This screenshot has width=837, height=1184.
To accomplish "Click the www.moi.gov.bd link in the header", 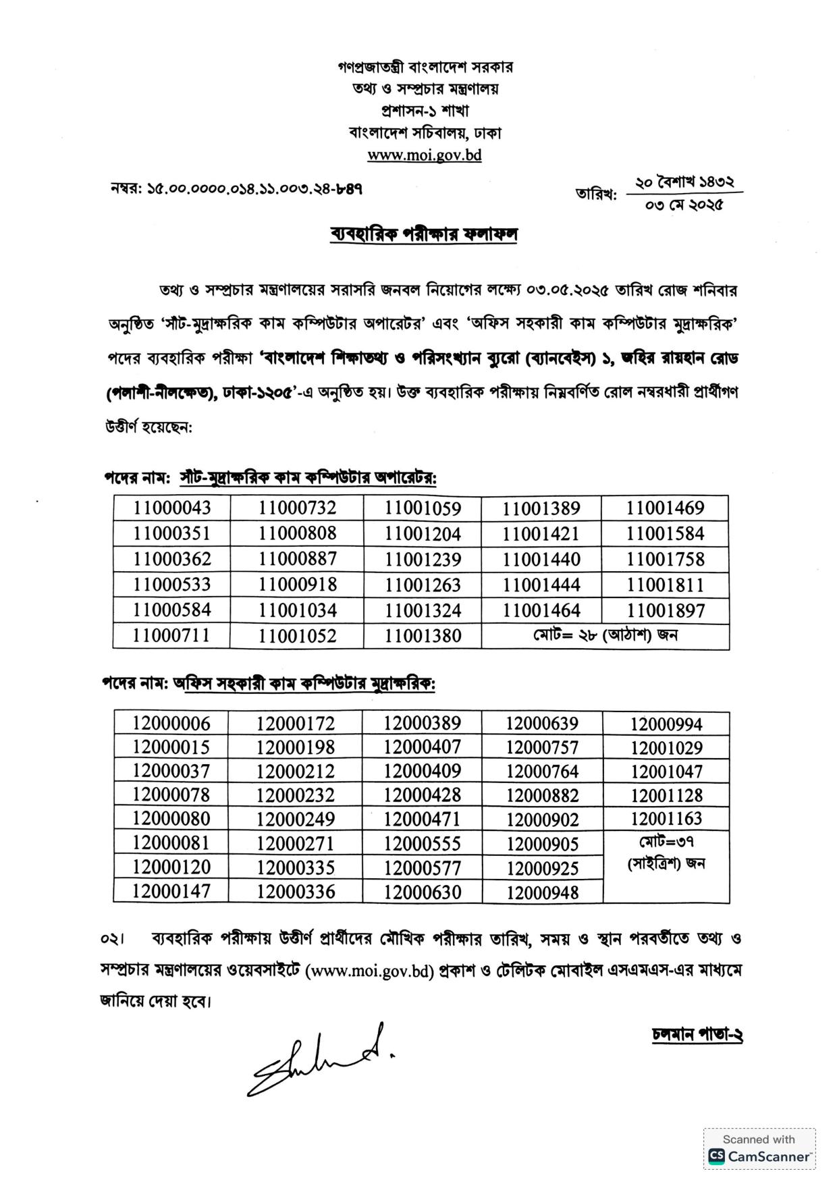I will point(424,155).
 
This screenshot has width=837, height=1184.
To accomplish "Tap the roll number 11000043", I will point(171,508).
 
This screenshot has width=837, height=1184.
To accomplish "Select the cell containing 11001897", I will point(665,611).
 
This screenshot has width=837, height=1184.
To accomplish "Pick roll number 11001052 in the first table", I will point(297,636).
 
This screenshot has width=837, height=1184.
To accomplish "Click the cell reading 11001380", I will point(423,636).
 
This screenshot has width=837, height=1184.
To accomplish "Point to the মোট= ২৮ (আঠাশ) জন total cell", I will point(605,636).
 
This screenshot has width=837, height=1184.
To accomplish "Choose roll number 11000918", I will point(297,585).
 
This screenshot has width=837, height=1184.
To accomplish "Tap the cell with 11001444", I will point(541,585).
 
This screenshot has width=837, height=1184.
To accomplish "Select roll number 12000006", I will point(171,723).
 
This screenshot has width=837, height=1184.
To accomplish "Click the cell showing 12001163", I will point(666,819).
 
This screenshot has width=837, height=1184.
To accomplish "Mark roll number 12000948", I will point(542,892).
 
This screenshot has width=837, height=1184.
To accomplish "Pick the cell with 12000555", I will point(422,844).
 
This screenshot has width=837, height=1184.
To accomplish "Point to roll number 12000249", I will point(295,819).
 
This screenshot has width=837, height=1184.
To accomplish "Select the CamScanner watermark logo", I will point(759,1156).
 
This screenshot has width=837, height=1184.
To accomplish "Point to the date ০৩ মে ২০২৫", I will point(684,205).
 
